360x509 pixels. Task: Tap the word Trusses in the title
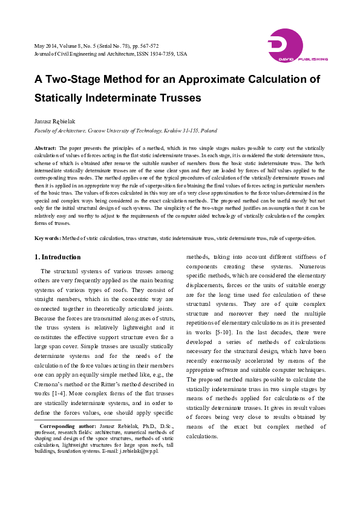coord(178,97)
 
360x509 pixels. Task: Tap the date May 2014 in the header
coord(45,46)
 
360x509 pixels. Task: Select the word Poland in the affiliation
coord(209,130)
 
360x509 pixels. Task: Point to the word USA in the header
coord(181,54)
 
